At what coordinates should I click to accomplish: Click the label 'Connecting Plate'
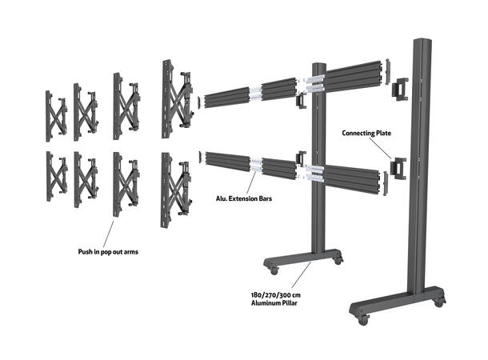click(367, 133)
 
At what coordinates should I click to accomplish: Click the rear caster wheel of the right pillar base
click(438, 301)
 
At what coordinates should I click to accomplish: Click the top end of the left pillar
click(318, 64)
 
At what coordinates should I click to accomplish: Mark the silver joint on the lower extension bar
click(256, 165)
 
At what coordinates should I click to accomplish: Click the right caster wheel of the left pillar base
click(338, 259)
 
